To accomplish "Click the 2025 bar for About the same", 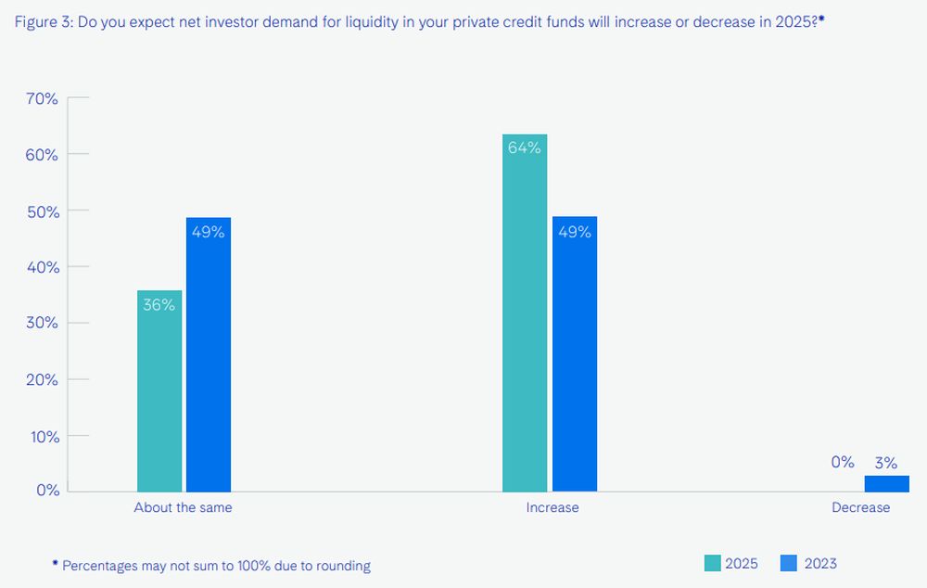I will (x=159, y=390).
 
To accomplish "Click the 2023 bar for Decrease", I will (x=886, y=483).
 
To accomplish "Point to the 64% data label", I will (x=525, y=147).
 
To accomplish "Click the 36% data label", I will (x=159, y=304).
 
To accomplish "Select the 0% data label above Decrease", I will (x=842, y=462).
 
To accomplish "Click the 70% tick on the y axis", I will (x=40, y=98).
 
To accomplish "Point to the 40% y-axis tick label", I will (x=40, y=267).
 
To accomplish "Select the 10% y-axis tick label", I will (x=40, y=436).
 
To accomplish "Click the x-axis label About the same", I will (x=183, y=507).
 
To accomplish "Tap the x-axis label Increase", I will (x=552, y=507).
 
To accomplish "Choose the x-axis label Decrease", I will (x=860, y=507).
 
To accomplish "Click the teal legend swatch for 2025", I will (x=712, y=563).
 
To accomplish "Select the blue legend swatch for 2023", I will (x=790, y=563).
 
